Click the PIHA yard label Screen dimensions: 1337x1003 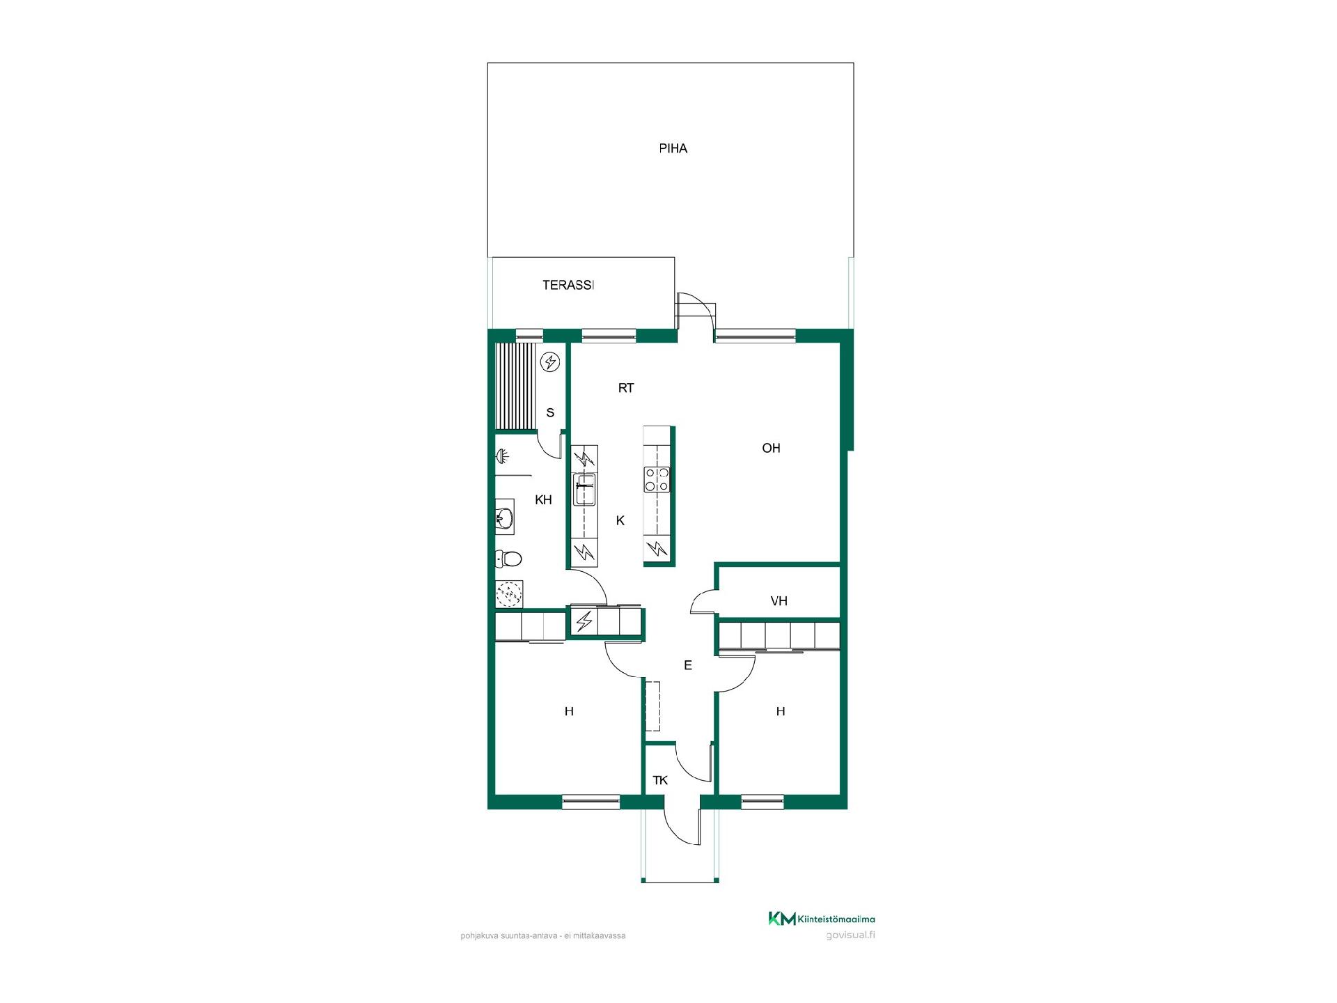[673, 148]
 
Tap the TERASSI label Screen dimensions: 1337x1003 [568, 285]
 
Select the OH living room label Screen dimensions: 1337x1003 [771, 448]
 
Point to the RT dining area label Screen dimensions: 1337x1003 [626, 388]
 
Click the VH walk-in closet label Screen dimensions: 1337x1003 [779, 601]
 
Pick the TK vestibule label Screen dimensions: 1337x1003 [660, 780]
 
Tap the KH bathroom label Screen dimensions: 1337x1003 [543, 499]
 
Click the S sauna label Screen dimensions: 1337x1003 [550, 412]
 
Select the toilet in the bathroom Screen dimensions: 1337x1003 [508, 559]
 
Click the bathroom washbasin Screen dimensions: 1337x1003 [505, 517]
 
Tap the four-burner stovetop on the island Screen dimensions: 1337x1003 [657, 480]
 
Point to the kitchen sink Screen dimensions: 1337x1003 [584, 489]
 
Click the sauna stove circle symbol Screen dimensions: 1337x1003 [551, 361]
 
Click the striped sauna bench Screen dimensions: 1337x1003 [517, 386]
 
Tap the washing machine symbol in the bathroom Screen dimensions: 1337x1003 [509, 594]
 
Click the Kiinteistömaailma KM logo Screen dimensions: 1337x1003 [822, 919]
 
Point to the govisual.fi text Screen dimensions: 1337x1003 [850, 935]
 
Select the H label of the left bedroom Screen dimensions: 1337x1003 [569, 711]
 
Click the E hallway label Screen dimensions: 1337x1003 [688, 665]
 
